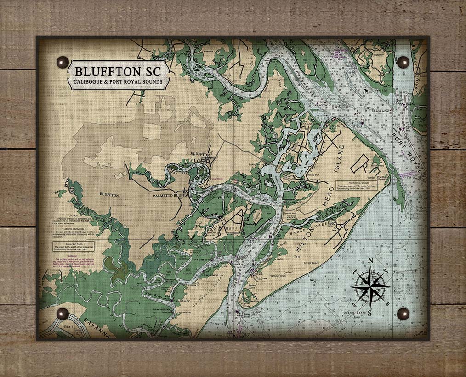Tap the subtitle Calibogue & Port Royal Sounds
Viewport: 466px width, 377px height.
tap(119, 83)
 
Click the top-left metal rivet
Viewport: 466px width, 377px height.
tap(62, 62)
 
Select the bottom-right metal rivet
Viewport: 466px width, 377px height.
tap(403, 314)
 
